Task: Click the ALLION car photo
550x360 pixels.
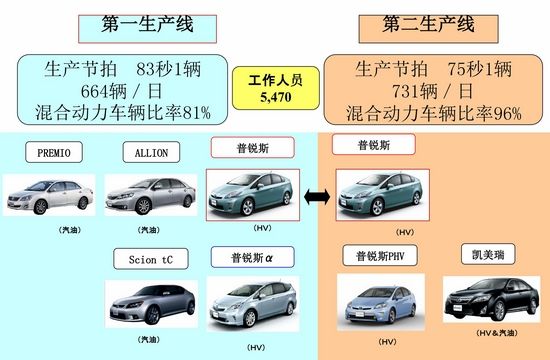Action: pos(149,195)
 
